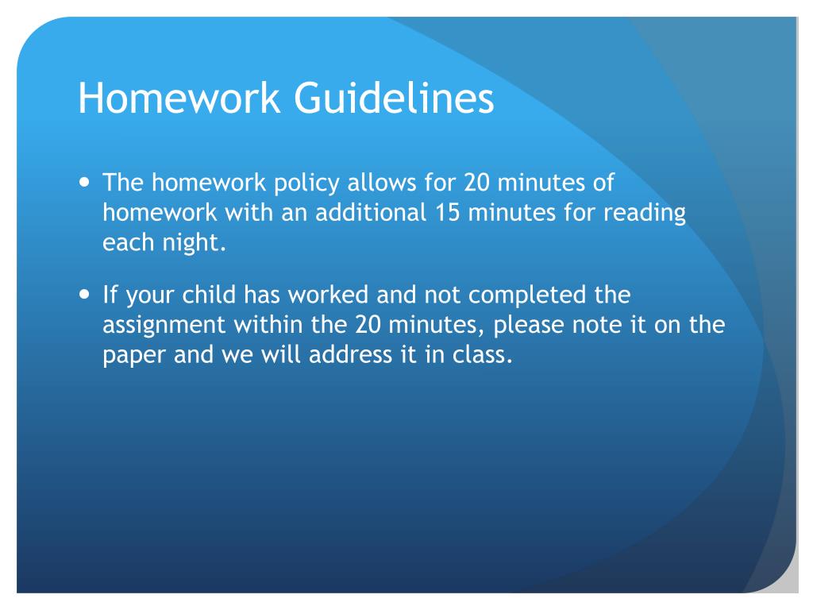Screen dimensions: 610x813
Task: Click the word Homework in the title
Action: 179,100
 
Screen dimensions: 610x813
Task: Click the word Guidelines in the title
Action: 394,100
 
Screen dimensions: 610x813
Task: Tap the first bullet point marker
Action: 86,182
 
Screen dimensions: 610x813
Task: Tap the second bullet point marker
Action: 86,295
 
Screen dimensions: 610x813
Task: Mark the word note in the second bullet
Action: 588,325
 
